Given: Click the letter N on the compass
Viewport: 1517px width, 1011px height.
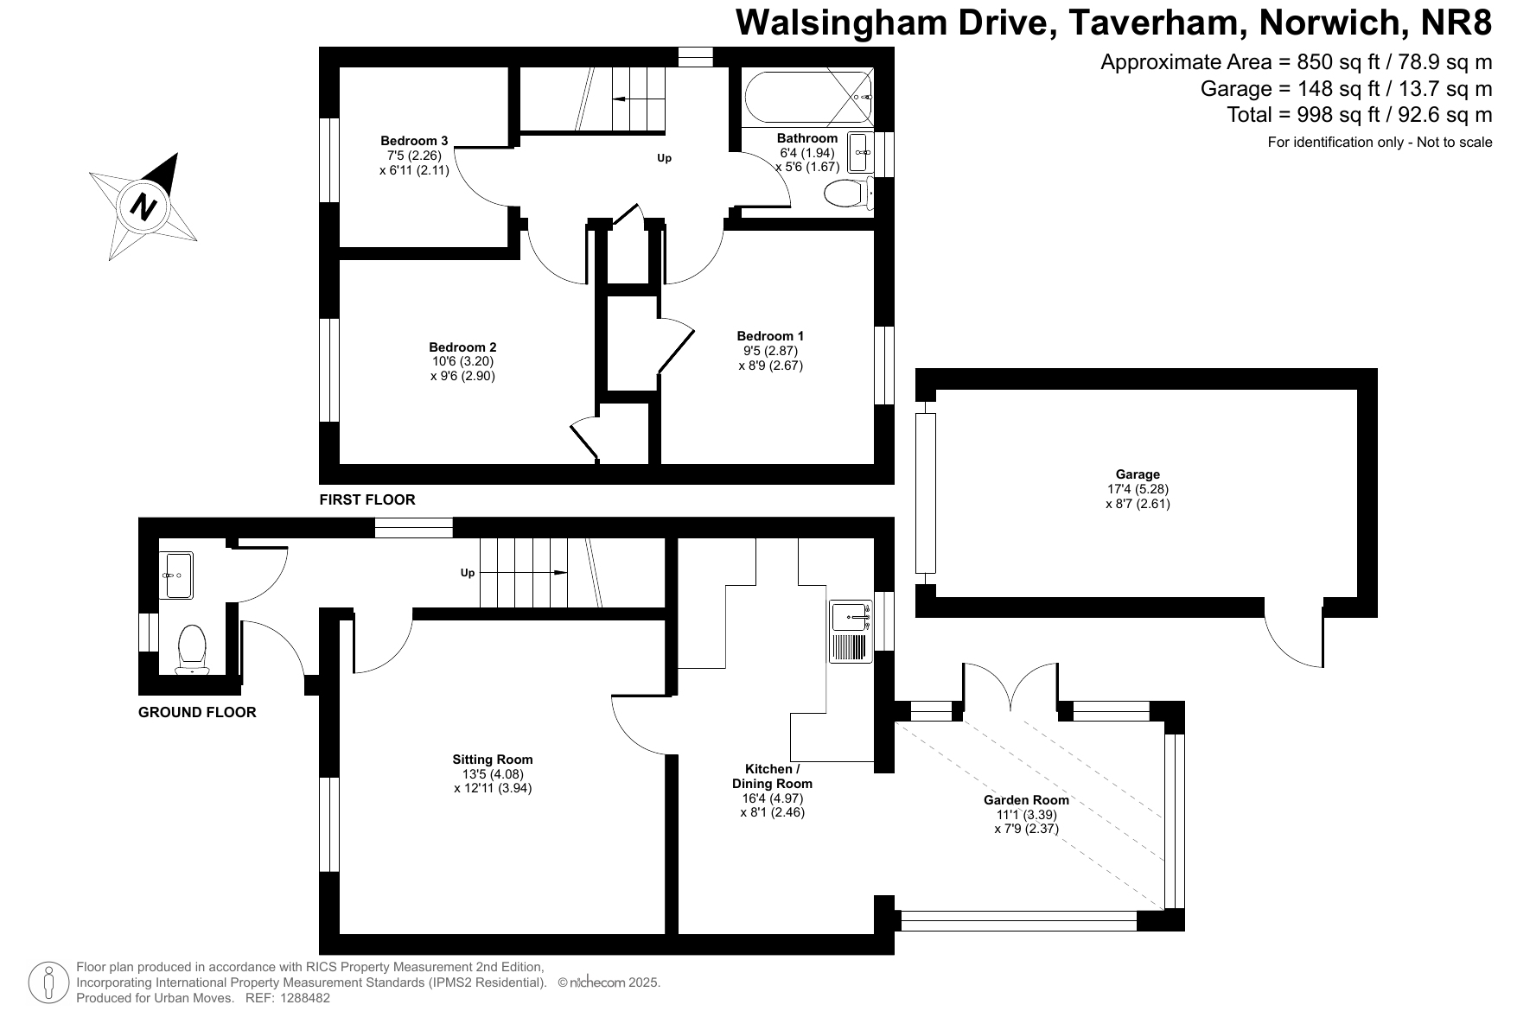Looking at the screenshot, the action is coord(143,207).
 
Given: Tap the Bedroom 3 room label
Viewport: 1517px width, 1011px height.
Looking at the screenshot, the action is coord(414,141).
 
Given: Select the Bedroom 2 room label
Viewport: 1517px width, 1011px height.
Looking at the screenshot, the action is coord(462,347).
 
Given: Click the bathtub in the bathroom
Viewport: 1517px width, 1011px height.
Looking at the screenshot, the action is coord(807,98).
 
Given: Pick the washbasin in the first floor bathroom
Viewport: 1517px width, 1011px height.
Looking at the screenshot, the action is coord(860,153).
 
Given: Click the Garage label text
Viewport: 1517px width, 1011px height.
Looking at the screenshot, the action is coord(1138,474).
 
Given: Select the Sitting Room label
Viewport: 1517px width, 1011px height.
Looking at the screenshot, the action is coord(493,760).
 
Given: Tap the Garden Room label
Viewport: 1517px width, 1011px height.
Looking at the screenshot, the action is coord(1026,800).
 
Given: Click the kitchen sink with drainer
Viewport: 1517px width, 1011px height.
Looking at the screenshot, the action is coord(851,632).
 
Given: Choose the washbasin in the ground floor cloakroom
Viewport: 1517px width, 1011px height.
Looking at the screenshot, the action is coord(176,575).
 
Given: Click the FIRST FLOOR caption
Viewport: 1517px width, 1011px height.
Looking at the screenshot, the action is coord(367,499).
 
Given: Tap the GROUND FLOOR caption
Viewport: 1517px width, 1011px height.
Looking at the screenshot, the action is coord(197,713).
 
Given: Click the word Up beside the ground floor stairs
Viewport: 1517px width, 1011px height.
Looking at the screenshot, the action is coord(468,573).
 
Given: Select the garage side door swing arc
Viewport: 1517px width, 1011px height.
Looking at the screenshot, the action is coord(1294,639).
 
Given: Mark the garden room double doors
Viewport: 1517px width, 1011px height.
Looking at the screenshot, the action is coord(1010,687).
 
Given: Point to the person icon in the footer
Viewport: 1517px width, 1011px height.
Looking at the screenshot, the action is coord(49,982).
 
